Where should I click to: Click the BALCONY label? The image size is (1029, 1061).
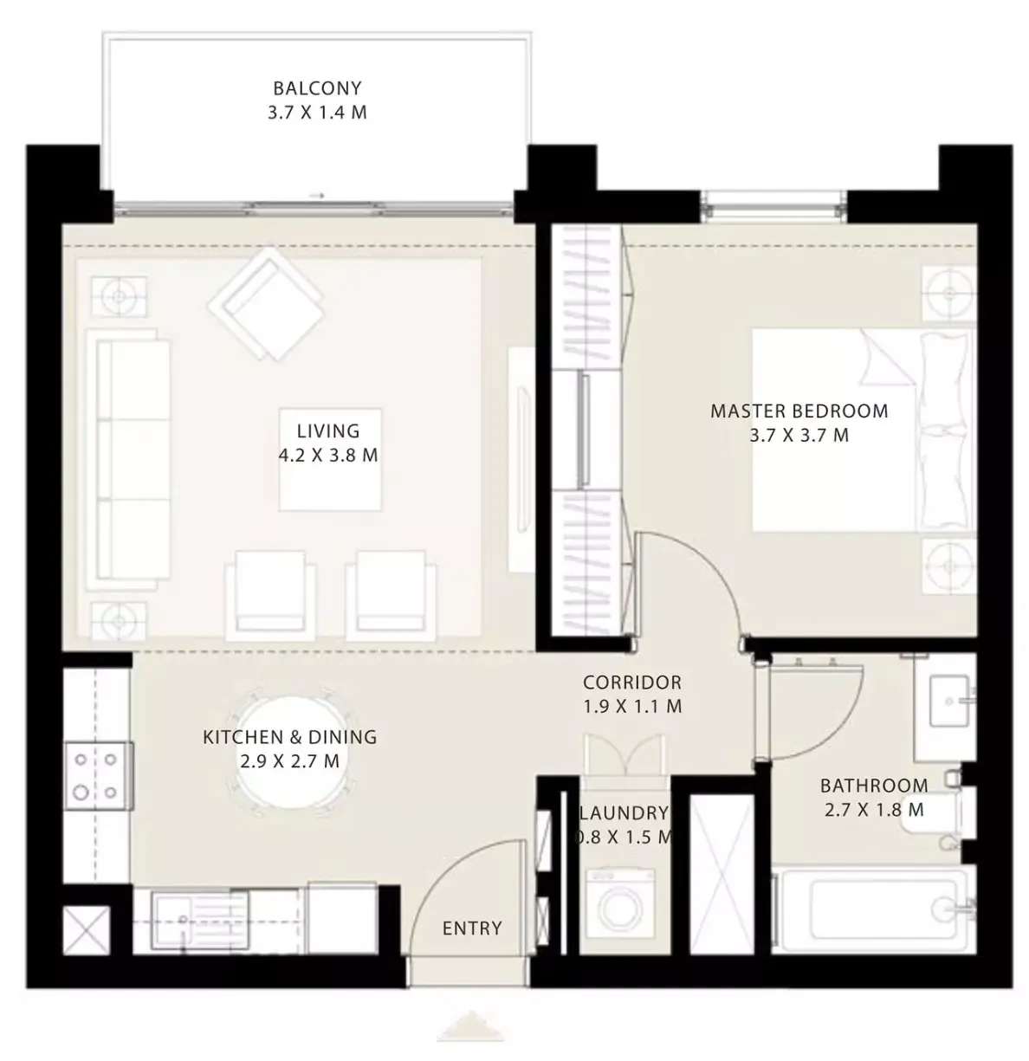coord(317,87)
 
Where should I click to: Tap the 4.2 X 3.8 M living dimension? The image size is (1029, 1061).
coord(328,455)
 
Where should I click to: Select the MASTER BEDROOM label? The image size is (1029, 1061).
coord(799,411)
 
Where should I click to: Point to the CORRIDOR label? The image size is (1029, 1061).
coord(632,683)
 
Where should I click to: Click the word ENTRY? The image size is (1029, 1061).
coord(472,928)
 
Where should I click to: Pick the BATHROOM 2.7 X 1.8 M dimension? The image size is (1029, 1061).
coord(874,810)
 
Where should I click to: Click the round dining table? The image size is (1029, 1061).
coord(290,753)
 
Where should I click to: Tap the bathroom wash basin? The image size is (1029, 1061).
coord(948,702)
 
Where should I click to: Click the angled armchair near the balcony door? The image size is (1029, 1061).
coord(266,304)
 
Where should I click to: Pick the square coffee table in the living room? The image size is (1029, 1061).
coord(330,459)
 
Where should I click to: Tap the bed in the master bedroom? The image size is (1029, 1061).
coord(864,429)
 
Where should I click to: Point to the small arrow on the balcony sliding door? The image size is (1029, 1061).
coord(316,195)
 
